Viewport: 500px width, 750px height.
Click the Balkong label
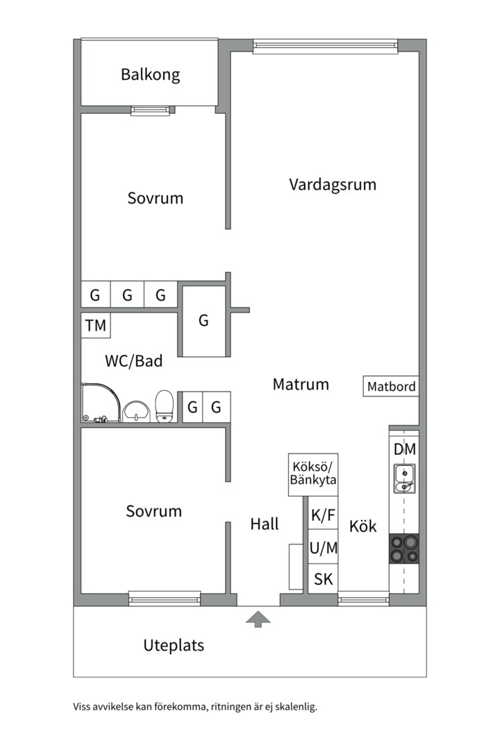tap(150, 75)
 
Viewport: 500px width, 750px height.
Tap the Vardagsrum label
tap(333, 185)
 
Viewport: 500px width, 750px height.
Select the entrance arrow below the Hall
tap(258, 619)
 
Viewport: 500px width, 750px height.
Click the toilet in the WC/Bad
tap(164, 406)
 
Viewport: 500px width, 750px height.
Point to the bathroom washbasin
tap(136, 412)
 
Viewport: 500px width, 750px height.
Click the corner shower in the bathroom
tap(101, 402)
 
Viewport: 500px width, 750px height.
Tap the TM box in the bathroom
tap(96, 325)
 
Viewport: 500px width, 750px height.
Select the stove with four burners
tap(404, 549)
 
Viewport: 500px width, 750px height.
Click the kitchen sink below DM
tap(404, 478)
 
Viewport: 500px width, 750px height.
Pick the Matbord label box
tap(391, 386)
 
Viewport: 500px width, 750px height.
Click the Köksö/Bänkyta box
tap(313, 474)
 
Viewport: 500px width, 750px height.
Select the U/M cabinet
tap(323, 547)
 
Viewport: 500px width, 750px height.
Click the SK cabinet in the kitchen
tap(323, 578)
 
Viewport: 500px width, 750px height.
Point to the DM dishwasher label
tap(405, 449)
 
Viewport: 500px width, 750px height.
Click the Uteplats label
tap(174, 645)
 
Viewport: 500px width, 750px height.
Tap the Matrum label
tap(301, 384)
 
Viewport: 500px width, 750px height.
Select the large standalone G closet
tap(204, 321)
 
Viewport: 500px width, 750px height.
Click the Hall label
tap(264, 524)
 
